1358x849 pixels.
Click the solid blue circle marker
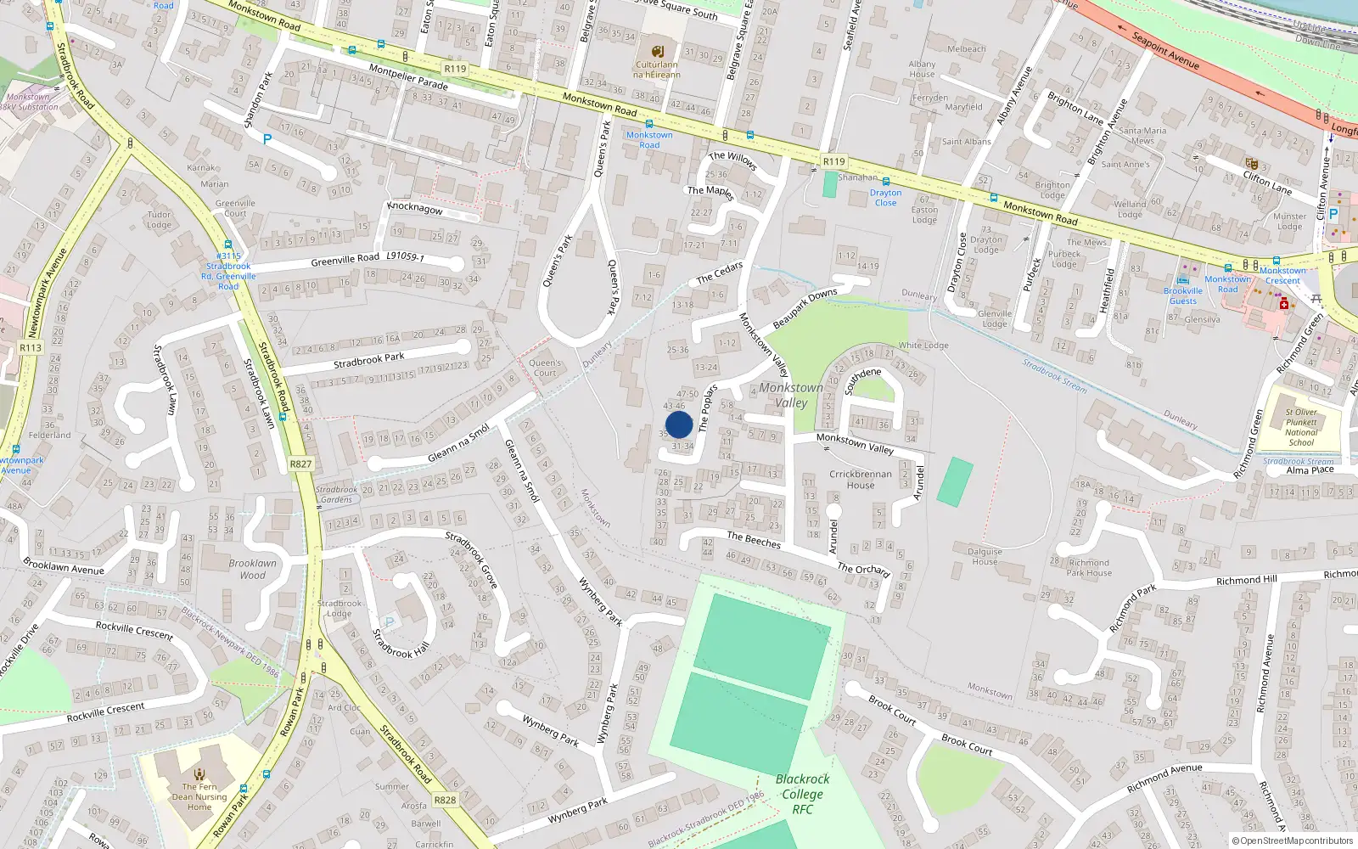(679, 424)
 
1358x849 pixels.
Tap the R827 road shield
(300, 464)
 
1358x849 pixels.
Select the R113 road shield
(31, 348)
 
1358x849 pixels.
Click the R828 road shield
(445, 800)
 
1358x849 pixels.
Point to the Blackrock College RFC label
(802, 794)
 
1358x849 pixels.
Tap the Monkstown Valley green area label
(791, 395)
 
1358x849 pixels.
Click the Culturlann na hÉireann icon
(657, 50)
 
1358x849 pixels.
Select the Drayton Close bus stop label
(885, 198)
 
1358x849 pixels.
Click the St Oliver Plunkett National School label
(1300, 427)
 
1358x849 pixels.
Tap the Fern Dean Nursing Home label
(199, 796)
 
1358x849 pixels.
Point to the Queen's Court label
(545, 368)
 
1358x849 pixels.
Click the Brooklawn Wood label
(252, 569)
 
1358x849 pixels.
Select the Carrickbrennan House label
(860, 480)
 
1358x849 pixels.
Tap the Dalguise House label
(985, 556)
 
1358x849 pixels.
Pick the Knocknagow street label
(415, 208)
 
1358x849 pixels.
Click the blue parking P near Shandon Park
(267, 139)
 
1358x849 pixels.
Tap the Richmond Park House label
(1089, 567)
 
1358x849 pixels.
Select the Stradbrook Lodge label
(339, 608)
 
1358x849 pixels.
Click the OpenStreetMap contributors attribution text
(1292, 841)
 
